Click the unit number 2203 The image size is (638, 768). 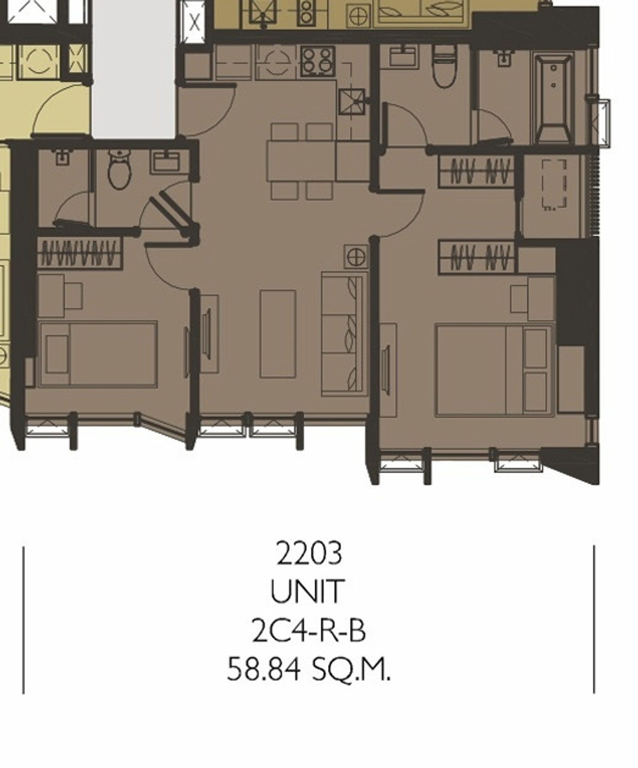[309, 553]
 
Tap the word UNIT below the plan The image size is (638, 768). [308, 591]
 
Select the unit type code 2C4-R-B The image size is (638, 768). [309, 630]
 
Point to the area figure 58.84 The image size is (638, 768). [264, 669]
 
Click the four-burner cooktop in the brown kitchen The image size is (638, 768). [318, 61]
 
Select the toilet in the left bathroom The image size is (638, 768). [119, 170]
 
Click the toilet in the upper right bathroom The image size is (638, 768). [444, 67]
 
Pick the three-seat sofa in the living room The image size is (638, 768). [345, 334]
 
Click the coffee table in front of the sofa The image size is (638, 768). [278, 334]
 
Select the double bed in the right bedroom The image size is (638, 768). [494, 370]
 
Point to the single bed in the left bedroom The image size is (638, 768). [98, 354]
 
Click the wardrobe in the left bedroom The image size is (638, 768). [80, 253]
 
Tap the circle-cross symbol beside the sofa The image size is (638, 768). [356, 257]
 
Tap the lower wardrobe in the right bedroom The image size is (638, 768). [477, 258]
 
